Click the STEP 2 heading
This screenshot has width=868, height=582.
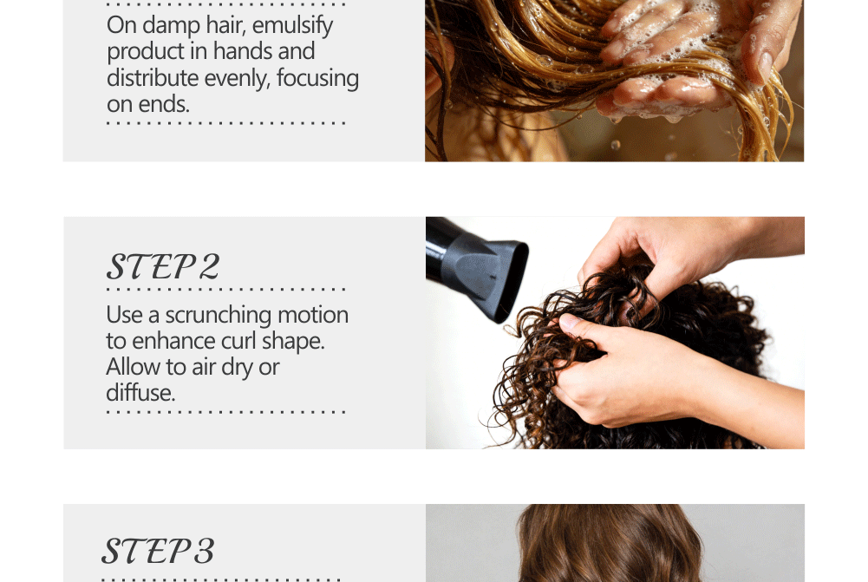(163, 266)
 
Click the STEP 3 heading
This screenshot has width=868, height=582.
(159, 551)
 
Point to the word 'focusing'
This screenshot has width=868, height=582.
(317, 79)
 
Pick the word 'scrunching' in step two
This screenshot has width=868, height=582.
(219, 316)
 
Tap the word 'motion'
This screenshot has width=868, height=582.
(313, 315)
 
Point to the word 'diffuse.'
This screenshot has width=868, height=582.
(140, 393)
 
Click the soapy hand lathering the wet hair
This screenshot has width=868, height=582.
(664, 61)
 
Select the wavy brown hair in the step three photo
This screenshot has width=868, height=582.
(609, 546)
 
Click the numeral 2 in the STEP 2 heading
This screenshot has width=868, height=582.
(209, 266)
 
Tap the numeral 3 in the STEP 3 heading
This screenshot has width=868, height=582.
(204, 551)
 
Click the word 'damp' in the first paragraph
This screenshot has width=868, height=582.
(172, 25)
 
